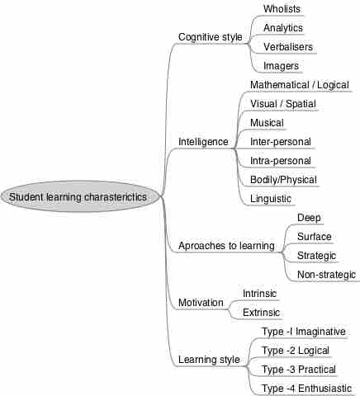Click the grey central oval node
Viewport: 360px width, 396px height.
coord(80,196)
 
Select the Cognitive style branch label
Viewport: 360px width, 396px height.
coord(211,37)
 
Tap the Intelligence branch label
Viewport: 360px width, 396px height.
coord(203,142)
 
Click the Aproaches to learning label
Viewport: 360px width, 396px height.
coord(226,246)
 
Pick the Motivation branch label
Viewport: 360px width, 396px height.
coord(201,303)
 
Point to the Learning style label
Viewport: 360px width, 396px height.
coord(209,360)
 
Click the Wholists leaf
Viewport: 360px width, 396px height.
coord(282,9)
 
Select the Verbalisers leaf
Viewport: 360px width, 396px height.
coord(288,47)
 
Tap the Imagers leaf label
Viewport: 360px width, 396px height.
coord(281,66)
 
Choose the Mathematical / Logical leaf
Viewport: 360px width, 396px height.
coord(300,85)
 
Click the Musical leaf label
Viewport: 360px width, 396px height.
coord(267,123)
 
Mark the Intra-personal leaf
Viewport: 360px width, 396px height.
coord(281,161)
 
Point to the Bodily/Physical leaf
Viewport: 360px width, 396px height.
coord(283,180)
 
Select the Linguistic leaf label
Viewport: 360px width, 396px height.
coord(271,199)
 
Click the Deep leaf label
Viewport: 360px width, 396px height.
coord(309,218)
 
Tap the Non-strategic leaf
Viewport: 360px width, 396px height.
coord(326,275)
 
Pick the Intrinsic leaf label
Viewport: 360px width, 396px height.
coord(259,294)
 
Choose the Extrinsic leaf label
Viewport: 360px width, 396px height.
coord(261,313)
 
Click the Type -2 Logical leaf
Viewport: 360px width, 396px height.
coord(296,351)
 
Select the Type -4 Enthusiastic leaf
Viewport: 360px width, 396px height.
coord(306,389)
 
